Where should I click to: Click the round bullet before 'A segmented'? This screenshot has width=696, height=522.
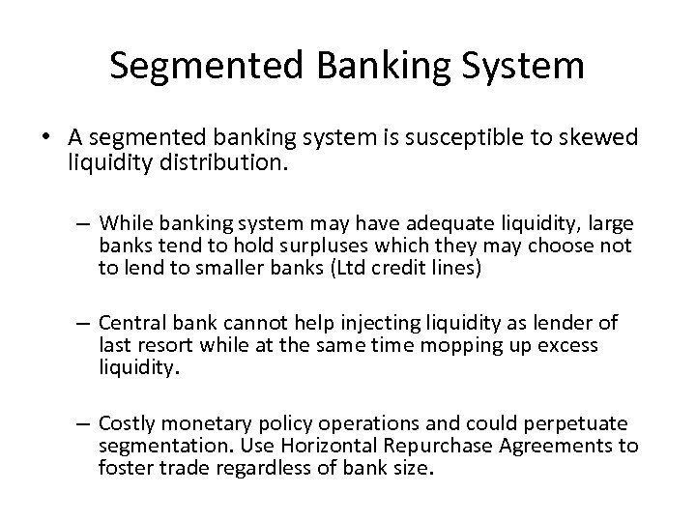(x=47, y=138)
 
